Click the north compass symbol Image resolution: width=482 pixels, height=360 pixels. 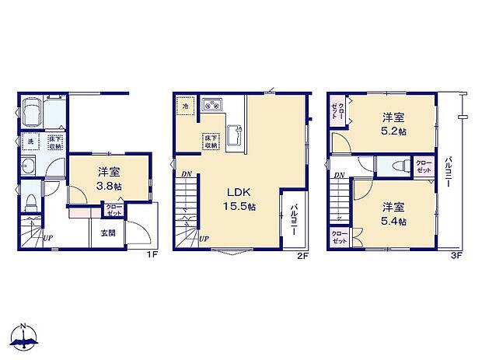[25, 337]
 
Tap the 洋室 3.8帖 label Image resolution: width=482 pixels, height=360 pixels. [108, 179]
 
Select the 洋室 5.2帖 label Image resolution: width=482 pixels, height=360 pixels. [393, 124]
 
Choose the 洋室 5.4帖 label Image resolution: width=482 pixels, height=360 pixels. [393, 214]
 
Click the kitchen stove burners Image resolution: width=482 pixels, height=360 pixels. [211, 105]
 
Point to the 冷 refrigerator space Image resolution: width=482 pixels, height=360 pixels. [186, 105]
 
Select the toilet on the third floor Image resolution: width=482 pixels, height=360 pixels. [396, 166]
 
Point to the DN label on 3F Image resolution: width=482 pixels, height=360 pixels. [339, 175]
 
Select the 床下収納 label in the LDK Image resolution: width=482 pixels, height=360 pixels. [211, 141]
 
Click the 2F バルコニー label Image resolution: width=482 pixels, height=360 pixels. [296, 215]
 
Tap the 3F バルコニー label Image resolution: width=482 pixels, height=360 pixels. [448, 175]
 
